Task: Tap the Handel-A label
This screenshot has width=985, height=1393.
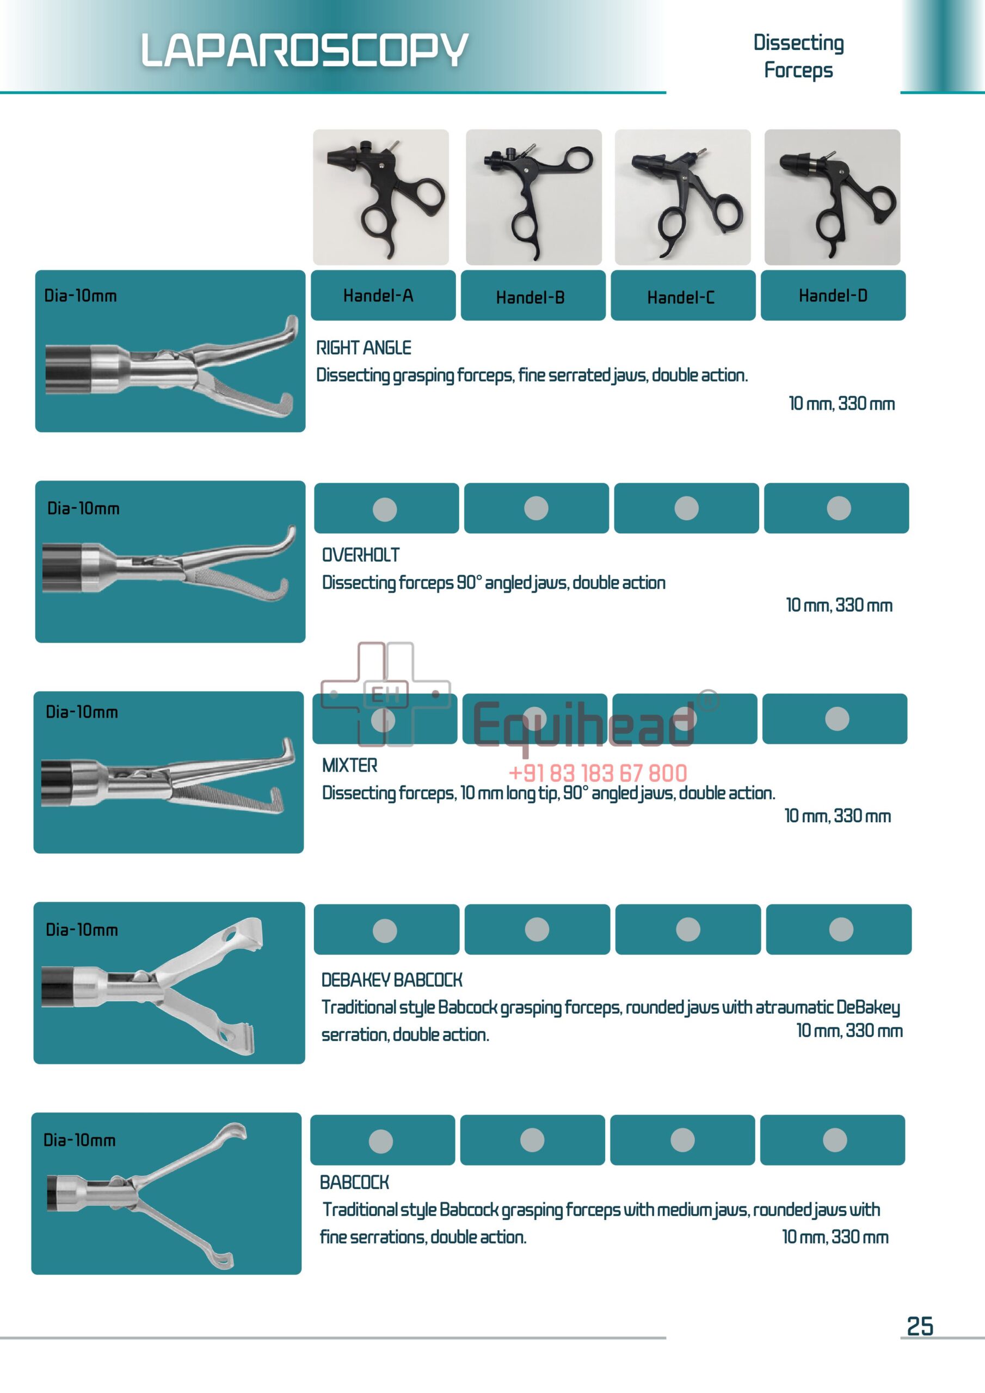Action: click(x=378, y=295)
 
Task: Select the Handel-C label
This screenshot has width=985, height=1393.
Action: click(x=680, y=297)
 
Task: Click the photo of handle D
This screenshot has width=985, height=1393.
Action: click(x=832, y=197)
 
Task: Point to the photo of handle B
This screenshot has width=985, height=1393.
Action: click(x=533, y=197)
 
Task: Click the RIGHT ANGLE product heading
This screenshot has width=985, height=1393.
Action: click(x=364, y=348)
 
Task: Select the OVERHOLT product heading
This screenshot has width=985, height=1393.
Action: click(x=360, y=554)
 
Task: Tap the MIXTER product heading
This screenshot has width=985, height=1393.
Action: click(x=349, y=765)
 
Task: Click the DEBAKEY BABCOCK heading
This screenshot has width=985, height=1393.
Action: click(x=391, y=979)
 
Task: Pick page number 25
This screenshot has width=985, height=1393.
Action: click(x=920, y=1326)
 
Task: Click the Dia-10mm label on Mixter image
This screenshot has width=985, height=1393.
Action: click(x=82, y=712)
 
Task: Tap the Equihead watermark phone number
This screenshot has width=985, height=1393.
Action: click(x=598, y=773)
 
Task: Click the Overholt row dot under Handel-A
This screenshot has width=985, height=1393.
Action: click(x=385, y=509)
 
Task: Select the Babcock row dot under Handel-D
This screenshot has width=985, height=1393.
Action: click(x=834, y=1140)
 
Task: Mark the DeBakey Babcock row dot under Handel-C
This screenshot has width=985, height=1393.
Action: click(x=688, y=929)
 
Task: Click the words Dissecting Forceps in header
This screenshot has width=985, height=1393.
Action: click(x=798, y=57)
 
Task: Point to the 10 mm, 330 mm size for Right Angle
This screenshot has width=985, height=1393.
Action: click(x=841, y=403)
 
